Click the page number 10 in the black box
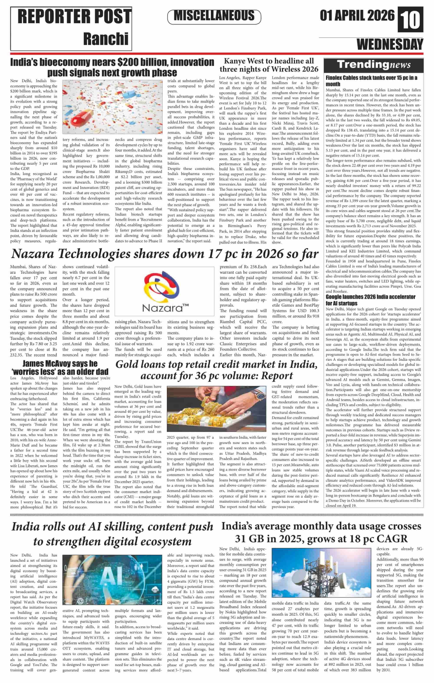point(410,20)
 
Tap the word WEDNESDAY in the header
point(390,44)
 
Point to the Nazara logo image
point(164,291)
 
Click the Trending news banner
point(373,65)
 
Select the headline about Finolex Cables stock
point(371,81)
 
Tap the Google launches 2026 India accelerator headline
point(370,300)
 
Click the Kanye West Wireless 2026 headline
point(269,65)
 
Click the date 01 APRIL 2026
point(357,16)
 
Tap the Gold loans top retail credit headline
point(216,370)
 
